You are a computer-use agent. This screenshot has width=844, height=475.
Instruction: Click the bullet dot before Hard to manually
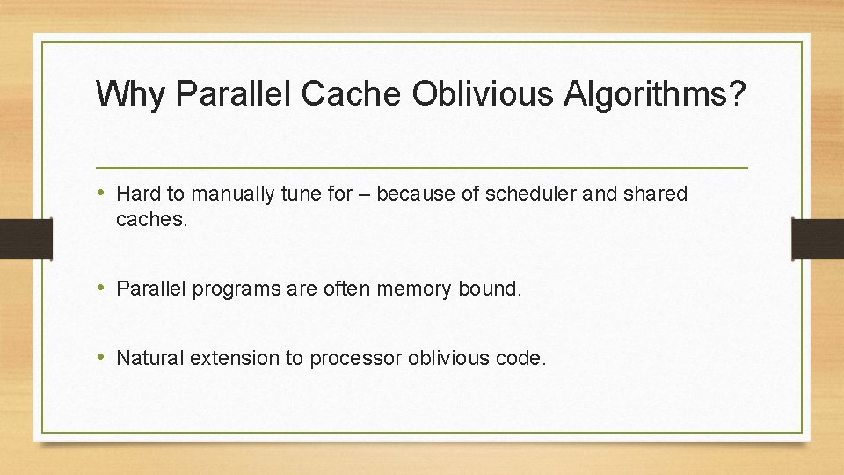coord(102,193)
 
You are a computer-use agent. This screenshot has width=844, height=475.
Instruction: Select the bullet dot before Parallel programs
coord(102,288)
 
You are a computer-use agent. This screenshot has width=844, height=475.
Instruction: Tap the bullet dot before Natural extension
coord(102,358)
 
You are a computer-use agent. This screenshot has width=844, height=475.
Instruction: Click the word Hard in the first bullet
coord(136,194)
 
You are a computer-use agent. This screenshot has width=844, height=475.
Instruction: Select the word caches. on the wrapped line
coord(152,220)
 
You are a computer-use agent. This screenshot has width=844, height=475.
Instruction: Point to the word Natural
coord(149,359)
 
